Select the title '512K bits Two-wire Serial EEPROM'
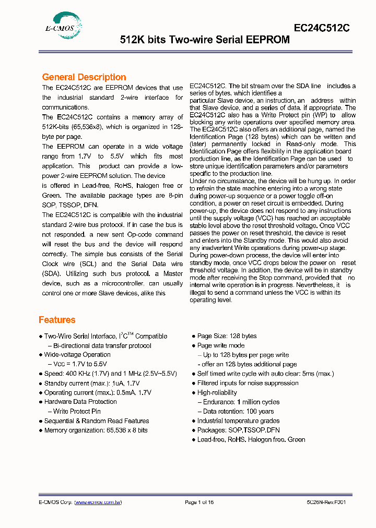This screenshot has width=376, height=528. click(205, 40)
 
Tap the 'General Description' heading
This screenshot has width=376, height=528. click(84, 77)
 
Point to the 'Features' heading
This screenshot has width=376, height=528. click(57, 320)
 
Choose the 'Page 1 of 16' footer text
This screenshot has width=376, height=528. click(199, 502)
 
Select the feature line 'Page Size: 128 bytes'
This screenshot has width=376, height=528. click(227, 337)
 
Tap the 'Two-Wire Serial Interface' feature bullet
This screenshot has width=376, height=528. click(105, 337)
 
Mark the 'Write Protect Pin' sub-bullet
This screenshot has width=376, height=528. click(77, 412)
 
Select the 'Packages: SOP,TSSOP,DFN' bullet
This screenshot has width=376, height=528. click(238, 430)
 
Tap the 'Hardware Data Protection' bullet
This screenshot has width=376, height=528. click(80, 402)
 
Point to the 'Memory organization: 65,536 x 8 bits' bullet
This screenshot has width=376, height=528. click(96, 430)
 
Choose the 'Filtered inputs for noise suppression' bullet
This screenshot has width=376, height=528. click(248, 383)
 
